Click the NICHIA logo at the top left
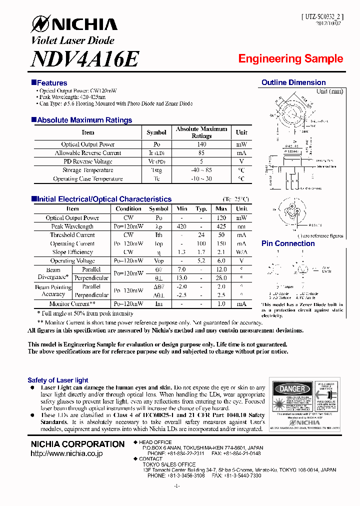pos(74,24)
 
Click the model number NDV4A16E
pos(84,59)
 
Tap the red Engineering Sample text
pos(290,58)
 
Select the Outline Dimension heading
pos(293,82)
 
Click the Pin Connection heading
pos(288,243)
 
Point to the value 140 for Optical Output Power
pos(201,144)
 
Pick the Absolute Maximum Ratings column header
pos(201,132)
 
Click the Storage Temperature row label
pos(88,170)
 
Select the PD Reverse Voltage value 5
pos(201,161)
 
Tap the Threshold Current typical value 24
pos(201,235)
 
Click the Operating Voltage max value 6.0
pos(221,261)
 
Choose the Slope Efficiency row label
pos(72,252)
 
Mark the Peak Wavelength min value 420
pos(181,226)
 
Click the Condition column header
pos(128,209)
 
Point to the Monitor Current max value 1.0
pos(221,304)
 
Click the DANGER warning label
pos(292,389)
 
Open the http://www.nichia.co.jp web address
pos(66,453)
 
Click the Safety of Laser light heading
pos(58,380)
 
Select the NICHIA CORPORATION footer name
pos(77,444)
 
